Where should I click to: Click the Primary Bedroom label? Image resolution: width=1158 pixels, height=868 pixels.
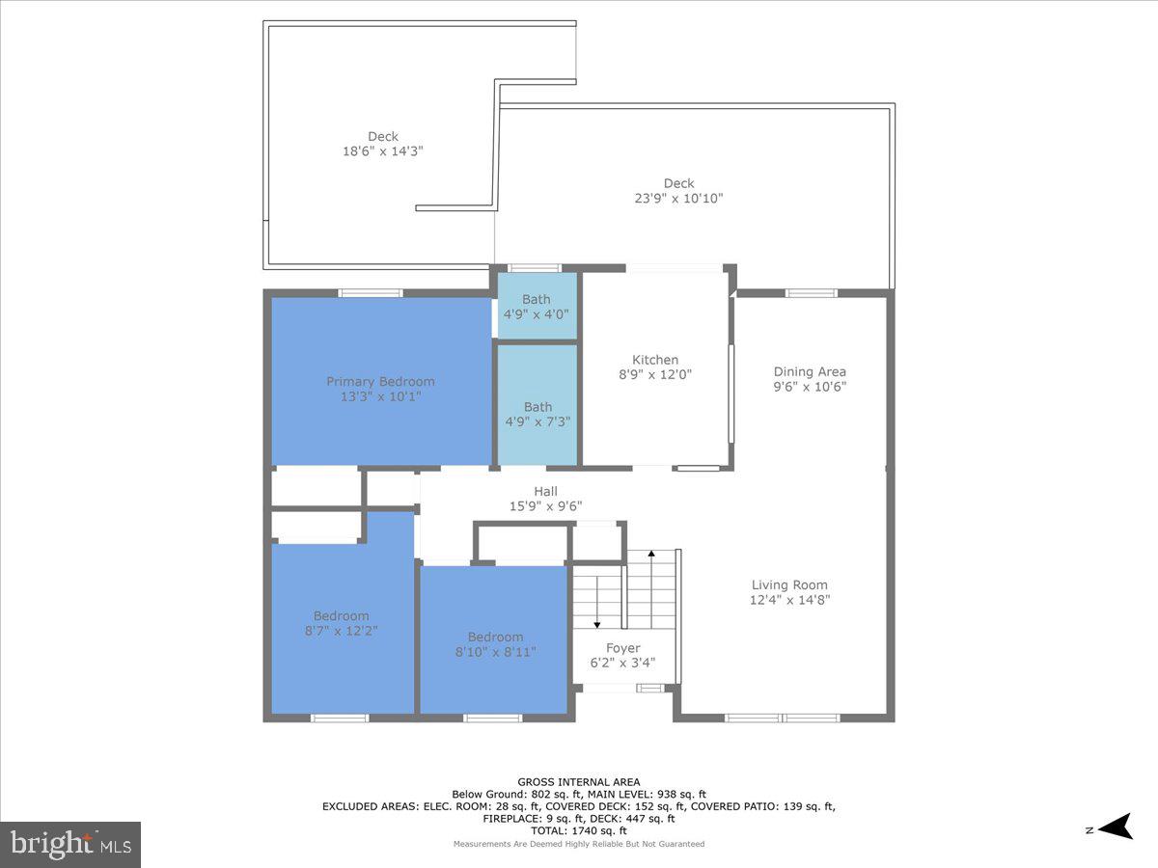[x=380, y=382]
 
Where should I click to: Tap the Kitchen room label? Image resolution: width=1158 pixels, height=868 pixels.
[x=655, y=361]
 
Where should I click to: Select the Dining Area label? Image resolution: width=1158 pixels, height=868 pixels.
[x=810, y=372]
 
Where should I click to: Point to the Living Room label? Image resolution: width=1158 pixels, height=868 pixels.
[x=789, y=585]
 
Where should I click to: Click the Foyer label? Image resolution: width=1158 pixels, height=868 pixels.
[x=622, y=648]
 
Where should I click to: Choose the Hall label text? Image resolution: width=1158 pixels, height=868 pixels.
[x=545, y=492]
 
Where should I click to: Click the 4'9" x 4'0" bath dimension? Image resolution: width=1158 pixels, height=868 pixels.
[x=537, y=314]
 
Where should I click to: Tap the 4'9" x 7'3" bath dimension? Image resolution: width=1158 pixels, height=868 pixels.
[x=538, y=421]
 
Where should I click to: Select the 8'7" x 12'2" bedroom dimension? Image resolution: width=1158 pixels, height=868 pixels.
[x=341, y=631]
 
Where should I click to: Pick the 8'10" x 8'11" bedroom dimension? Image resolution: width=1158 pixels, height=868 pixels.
[x=495, y=651]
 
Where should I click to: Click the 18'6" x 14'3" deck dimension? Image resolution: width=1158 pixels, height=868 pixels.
[x=382, y=151]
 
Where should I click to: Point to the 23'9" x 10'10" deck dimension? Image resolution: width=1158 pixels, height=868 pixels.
[x=678, y=198]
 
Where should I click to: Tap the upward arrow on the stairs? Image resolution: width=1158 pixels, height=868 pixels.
[x=652, y=556]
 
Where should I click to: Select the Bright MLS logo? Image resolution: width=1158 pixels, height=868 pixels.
[x=70, y=845]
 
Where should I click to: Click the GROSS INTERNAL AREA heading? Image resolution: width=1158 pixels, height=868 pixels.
[x=579, y=782]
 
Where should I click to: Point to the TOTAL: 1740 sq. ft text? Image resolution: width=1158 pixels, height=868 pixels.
[x=579, y=830]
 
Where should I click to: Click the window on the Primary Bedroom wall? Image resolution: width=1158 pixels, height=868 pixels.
[x=370, y=292]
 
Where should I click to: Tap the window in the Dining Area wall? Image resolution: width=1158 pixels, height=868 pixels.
[x=811, y=292]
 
